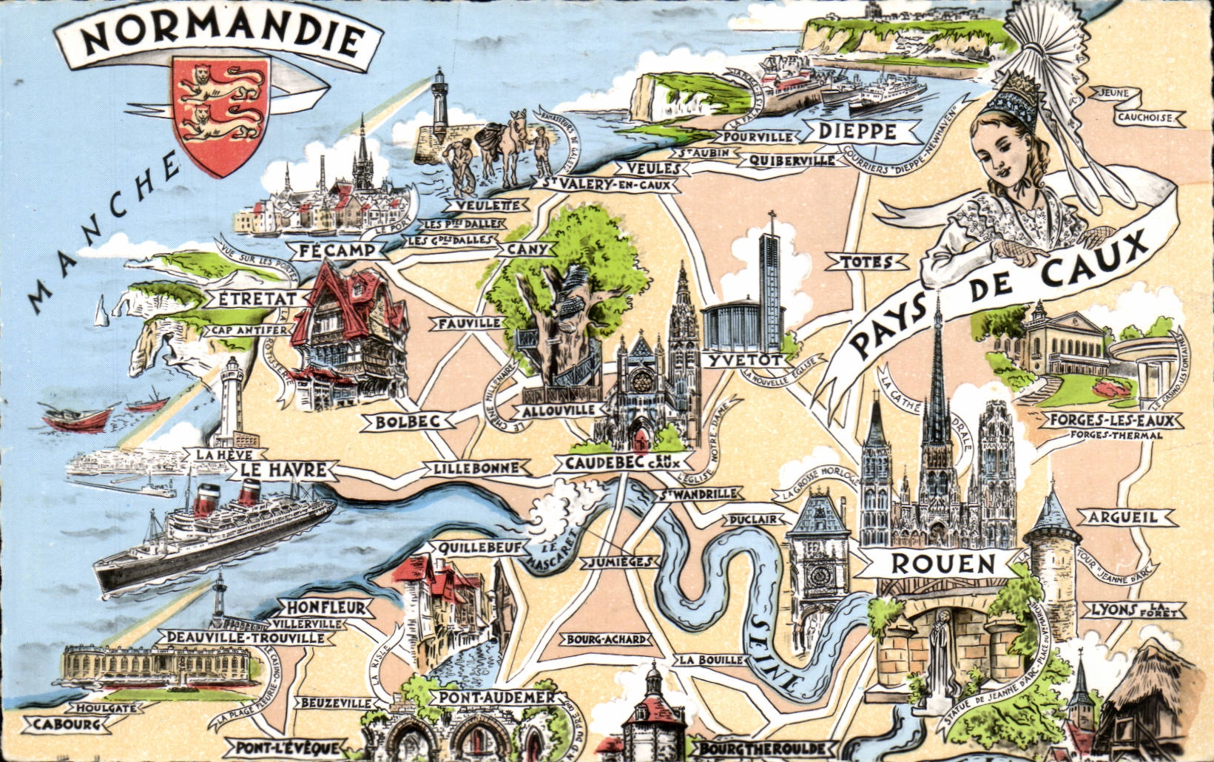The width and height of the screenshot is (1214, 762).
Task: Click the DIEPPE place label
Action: point(858,132)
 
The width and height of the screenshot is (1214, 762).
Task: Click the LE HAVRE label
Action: point(283,470)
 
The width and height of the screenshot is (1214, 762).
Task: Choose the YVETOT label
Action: point(744,360)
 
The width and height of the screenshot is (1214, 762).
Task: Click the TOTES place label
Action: point(864,261)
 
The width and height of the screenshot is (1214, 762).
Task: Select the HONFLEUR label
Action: point(326,608)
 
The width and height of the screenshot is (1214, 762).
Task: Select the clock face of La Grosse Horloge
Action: point(818,574)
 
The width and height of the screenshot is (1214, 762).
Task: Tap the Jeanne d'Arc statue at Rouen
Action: point(941,655)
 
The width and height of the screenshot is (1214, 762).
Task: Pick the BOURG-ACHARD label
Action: point(607,639)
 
